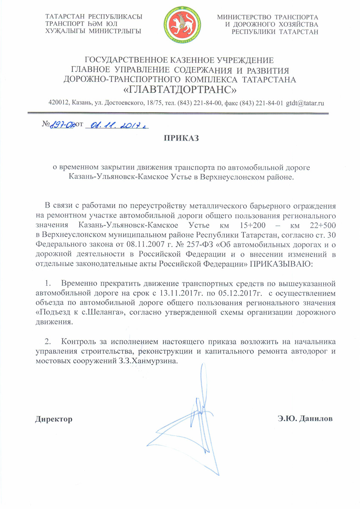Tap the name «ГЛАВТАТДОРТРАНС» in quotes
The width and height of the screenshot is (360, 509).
point(180,90)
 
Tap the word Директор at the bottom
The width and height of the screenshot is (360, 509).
point(54,419)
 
